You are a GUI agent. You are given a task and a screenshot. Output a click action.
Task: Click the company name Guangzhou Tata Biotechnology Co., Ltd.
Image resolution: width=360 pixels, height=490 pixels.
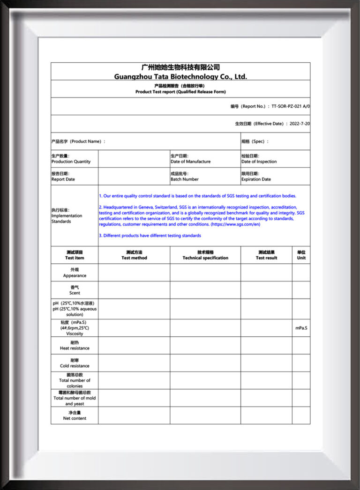coord(180,76)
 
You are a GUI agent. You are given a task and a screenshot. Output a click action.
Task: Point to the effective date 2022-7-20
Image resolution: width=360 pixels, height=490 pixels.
coord(300,124)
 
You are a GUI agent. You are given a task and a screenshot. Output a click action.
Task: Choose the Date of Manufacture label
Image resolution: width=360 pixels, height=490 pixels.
coord(190,162)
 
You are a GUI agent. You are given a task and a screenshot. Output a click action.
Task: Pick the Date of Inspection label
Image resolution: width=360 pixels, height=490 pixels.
coord(259,162)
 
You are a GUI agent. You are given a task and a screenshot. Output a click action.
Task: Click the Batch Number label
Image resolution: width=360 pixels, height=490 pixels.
coord(185,179)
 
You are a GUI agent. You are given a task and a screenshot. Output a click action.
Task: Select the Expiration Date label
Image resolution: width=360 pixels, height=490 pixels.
coord(256,179)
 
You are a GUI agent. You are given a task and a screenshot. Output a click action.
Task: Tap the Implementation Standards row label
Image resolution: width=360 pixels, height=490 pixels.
coord(67,216)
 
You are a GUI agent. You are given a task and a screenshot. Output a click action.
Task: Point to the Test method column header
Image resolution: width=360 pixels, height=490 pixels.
coord(134,258)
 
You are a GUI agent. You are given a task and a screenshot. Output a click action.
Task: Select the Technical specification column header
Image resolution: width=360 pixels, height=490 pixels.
coord(205,258)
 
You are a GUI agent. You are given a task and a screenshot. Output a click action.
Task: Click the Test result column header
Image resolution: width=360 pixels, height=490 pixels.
coord(266,258)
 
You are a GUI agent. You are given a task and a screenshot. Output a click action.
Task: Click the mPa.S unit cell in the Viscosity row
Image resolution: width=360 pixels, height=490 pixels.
coord(301,328)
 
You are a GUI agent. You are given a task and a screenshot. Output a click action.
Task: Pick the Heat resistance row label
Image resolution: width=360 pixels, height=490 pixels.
coord(75,349)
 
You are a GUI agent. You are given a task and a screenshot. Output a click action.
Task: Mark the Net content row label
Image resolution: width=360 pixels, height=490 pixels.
coord(75,418)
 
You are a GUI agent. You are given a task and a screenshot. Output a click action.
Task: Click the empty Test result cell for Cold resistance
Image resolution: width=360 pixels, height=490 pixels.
coord(266,363)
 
